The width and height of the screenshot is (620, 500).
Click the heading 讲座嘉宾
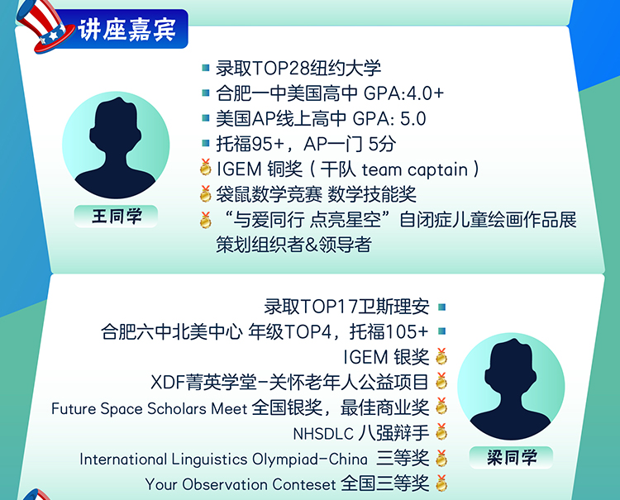[x=126, y=30]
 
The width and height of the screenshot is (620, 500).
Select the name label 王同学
[x=117, y=217]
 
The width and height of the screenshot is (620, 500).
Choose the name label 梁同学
[x=511, y=458]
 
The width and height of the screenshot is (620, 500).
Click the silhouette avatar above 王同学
[x=116, y=145]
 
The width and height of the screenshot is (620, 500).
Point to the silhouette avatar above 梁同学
[x=511, y=386]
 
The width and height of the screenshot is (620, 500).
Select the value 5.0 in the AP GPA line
[x=413, y=119]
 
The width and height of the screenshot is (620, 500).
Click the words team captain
[x=415, y=170]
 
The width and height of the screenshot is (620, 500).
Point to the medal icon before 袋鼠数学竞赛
[x=205, y=193]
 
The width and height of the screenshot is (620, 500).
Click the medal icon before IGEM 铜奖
[x=205, y=168]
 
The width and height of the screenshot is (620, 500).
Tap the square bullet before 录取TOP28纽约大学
[x=205, y=68]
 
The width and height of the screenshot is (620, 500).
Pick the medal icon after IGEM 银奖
[x=441, y=357]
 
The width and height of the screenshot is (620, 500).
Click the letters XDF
[x=169, y=383]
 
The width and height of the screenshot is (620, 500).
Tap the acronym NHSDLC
[x=323, y=434]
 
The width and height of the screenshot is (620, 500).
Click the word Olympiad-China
[x=310, y=460]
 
